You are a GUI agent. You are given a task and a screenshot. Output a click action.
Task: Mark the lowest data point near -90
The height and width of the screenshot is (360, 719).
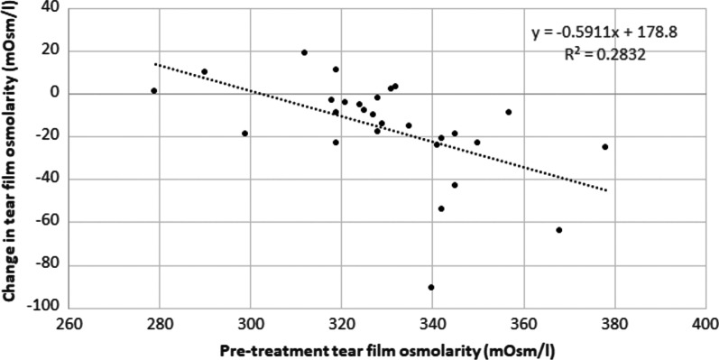(x=431, y=287)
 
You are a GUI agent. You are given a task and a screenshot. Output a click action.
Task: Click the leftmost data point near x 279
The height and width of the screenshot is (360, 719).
(x=154, y=90)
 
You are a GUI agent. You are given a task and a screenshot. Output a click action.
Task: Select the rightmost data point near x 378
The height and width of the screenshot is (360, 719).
(x=604, y=146)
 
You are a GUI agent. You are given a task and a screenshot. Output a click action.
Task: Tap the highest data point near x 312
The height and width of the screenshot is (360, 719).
(x=304, y=52)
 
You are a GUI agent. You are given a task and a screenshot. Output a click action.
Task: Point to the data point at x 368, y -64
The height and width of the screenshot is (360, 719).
(x=559, y=230)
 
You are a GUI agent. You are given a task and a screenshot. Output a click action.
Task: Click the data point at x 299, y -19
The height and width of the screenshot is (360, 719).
(x=244, y=134)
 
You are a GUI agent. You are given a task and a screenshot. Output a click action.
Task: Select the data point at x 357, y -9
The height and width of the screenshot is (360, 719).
(x=509, y=112)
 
